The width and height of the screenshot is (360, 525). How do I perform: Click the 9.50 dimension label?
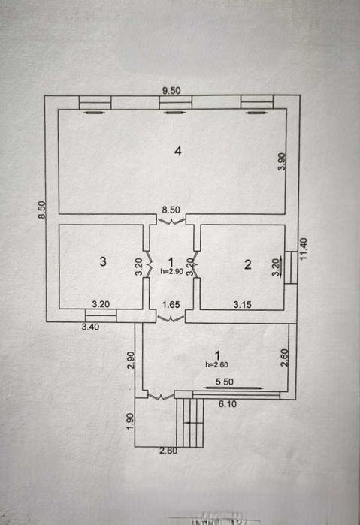pyautogui.click(x=171, y=90)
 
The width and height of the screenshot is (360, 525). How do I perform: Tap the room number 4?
pyautogui.click(x=178, y=151)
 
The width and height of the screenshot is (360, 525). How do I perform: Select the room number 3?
pyautogui.click(x=103, y=261)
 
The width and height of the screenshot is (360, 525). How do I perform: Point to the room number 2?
pyautogui.click(x=248, y=264)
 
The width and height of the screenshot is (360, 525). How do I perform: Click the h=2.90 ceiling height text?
pyautogui.click(x=172, y=272)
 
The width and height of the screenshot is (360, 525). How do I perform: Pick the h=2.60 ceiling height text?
pyautogui.click(x=217, y=364)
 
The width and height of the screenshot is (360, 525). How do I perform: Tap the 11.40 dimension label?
pyautogui.click(x=304, y=249)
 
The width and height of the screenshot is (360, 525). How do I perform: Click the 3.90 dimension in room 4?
pyautogui.click(x=282, y=161)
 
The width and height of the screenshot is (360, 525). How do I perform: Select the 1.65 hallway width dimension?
pyautogui.click(x=171, y=305)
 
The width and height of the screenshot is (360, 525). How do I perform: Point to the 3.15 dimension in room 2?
pyautogui.click(x=242, y=305)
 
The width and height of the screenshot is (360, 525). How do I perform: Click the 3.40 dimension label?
pyautogui.click(x=90, y=327)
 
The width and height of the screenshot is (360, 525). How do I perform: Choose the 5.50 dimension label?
pyautogui.click(x=225, y=382)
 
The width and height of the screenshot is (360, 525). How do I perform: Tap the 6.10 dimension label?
pyautogui.click(x=228, y=404)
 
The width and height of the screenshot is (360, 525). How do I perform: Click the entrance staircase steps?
pyautogui.click(x=189, y=423)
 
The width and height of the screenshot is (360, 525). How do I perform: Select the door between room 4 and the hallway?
pyautogui.click(x=171, y=221)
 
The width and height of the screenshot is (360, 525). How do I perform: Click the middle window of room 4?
pyautogui.click(x=175, y=102)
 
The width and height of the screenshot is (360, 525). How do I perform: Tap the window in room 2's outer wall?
pyautogui.click(x=291, y=267)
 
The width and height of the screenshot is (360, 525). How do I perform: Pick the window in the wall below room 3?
pyautogui.click(x=101, y=315)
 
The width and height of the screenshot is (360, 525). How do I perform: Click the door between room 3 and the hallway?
pyautogui.click(x=149, y=264)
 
